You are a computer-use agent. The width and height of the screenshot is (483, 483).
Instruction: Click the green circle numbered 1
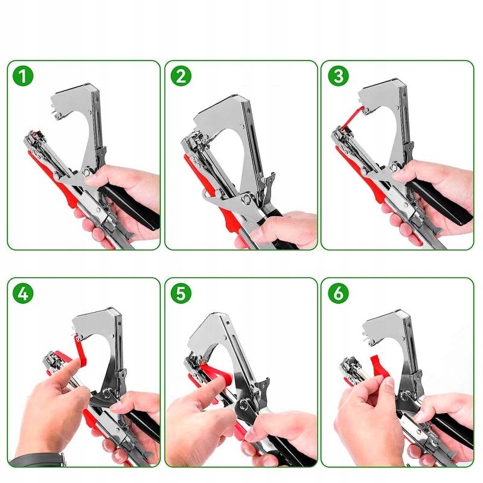(x=23, y=76)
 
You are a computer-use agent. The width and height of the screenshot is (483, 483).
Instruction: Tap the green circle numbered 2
(x=181, y=76)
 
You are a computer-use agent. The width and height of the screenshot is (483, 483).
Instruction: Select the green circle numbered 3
(x=338, y=76)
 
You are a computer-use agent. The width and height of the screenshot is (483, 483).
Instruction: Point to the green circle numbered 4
(x=23, y=293)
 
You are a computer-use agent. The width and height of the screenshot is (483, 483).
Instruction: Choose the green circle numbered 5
(x=181, y=293)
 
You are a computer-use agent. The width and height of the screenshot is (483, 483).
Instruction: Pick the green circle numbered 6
(x=338, y=293)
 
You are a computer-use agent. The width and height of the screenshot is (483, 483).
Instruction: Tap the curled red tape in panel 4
(x=80, y=351)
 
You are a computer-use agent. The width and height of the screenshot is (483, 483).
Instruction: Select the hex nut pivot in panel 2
(x=247, y=200)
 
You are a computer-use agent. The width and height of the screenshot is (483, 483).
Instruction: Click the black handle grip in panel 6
(x=450, y=427)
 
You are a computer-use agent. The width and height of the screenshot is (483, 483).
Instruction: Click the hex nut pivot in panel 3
(x=394, y=167)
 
